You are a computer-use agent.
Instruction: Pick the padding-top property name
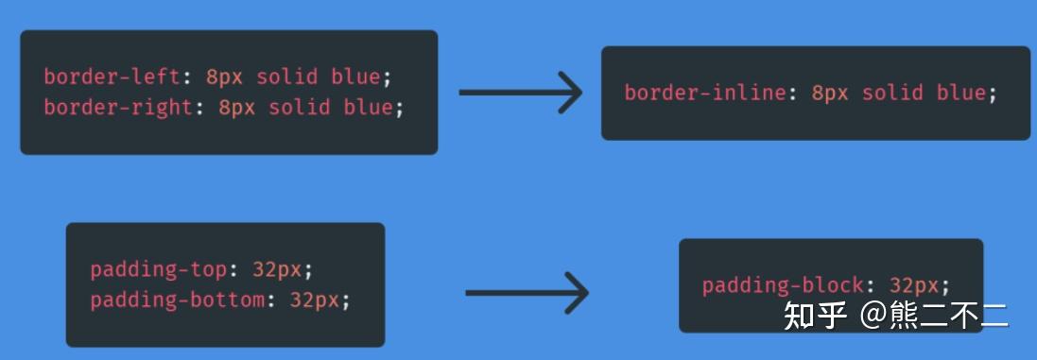pyautogui.click(x=159, y=269)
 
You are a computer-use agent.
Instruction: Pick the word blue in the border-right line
pyautogui.click(x=368, y=107)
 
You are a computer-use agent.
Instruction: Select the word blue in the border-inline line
pyautogui.click(x=960, y=93)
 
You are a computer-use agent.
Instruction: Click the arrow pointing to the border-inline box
pyautogui.click(x=521, y=93)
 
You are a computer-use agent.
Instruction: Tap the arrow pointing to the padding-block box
pyautogui.click(x=527, y=292)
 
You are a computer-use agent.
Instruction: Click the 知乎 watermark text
pyautogui.click(x=814, y=316)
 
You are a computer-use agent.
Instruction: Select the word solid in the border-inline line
pyautogui.click(x=892, y=93)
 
